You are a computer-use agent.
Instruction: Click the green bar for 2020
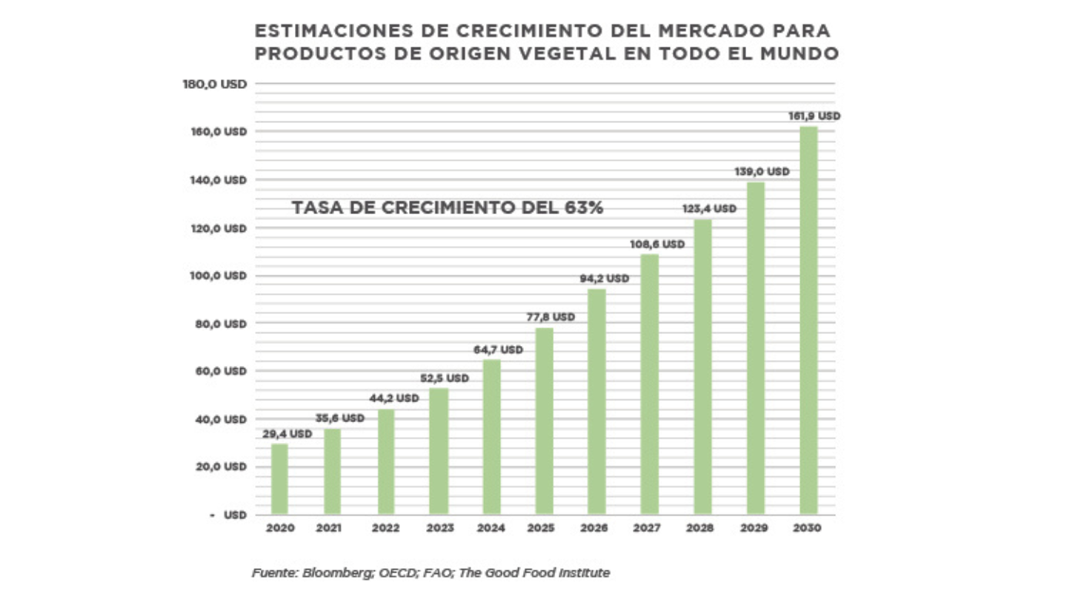[279, 479]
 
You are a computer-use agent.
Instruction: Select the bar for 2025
[544, 421]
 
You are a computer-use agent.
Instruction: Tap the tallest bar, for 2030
[808, 320]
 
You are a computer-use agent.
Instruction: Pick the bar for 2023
[438, 451]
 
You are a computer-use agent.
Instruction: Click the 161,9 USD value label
[814, 116]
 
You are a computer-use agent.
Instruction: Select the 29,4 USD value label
[287, 434]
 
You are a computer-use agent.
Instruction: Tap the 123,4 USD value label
[709, 209]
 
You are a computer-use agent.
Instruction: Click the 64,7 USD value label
[498, 350]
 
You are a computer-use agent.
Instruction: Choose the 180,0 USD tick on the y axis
[213, 84]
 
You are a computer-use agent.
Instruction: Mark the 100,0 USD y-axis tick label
[213, 276]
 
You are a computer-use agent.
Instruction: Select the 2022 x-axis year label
[385, 529]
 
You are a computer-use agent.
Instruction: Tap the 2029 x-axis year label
[754, 529]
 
